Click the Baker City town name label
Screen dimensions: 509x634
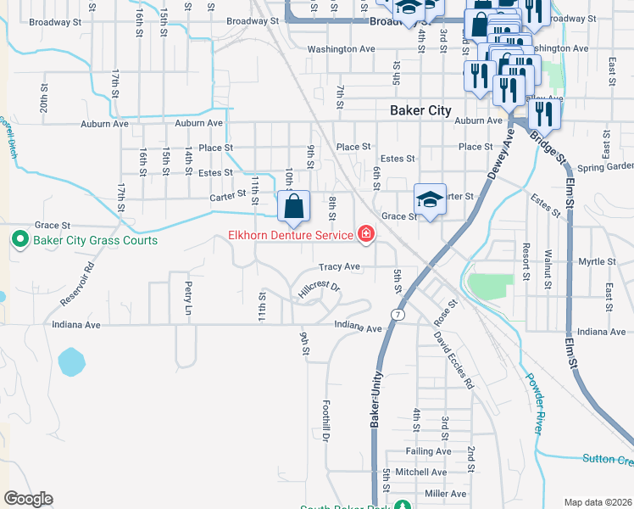pyautogui.click(x=420, y=110)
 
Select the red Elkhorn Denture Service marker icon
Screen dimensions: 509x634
pyautogui.click(x=366, y=233)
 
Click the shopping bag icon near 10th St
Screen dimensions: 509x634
pyautogui.click(x=292, y=206)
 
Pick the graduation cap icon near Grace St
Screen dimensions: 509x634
pyautogui.click(x=430, y=199)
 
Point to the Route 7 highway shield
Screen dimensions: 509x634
pyautogui.click(x=397, y=315)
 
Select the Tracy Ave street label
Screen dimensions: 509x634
pyautogui.click(x=340, y=266)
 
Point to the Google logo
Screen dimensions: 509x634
pyautogui.click(x=29, y=498)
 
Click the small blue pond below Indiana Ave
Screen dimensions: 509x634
pyautogui.click(x=71, y=363)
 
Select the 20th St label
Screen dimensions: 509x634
pyautogui.click(x=44, y=99)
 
